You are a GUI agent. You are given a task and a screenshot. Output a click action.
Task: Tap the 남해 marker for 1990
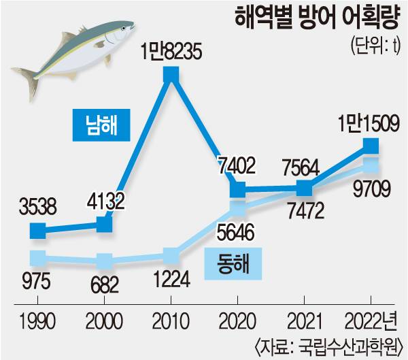[38, 231]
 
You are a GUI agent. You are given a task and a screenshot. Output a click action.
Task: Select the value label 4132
[103, 202]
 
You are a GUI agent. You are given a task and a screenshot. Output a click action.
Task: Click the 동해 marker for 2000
[104, 261]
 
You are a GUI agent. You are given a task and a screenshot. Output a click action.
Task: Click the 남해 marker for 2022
[371, 145]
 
